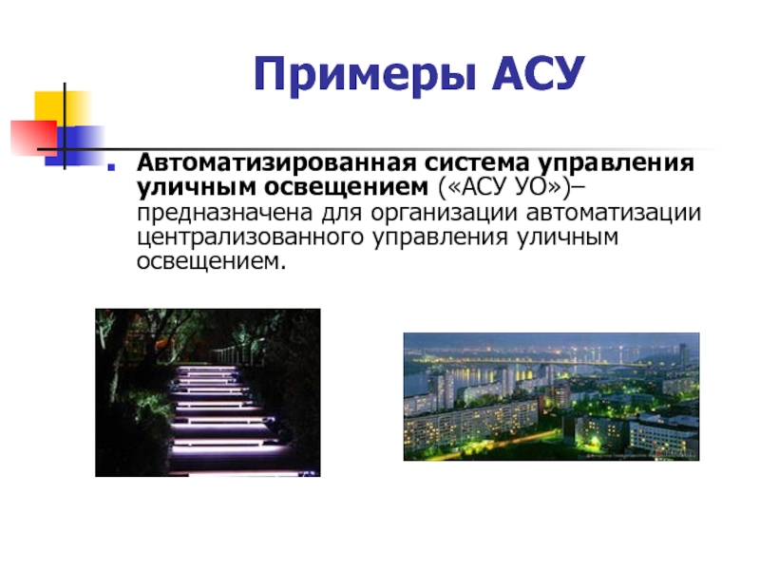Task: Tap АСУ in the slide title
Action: point(538,73)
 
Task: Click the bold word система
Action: point(477,163)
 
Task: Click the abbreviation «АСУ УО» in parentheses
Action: point(505,187)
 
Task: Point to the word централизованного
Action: point(250,238)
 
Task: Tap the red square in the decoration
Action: point(33,138)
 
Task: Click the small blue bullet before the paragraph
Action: point(111,167)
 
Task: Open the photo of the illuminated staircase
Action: point(208,392)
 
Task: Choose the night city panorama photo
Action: point(552,396)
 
